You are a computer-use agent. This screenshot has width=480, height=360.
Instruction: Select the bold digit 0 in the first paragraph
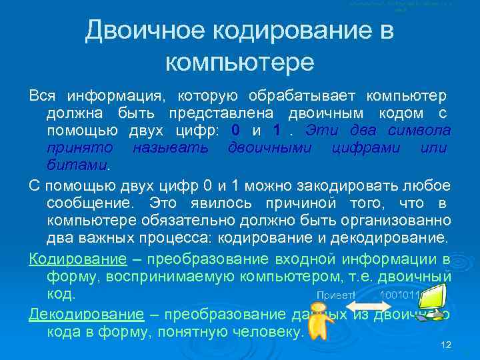point(235,129)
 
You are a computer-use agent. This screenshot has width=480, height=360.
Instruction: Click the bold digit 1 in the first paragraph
point(277,129)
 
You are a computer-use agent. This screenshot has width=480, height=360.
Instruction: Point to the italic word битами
point(77,163)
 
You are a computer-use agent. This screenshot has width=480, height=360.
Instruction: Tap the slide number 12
point(446,344)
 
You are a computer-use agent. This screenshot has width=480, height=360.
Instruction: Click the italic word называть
point(169,146)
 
